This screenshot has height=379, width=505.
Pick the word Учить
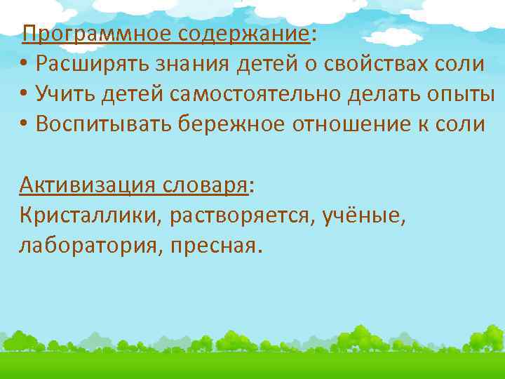(60, 94)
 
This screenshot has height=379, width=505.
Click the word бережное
(230, 124)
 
